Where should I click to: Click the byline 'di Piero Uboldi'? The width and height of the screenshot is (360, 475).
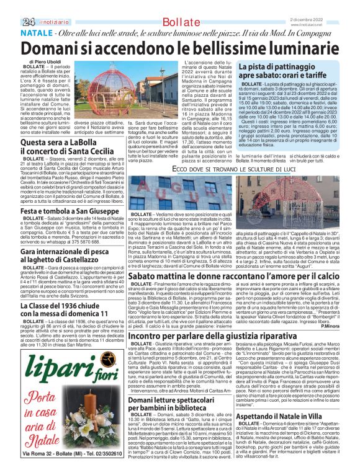[x=35, y=63]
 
